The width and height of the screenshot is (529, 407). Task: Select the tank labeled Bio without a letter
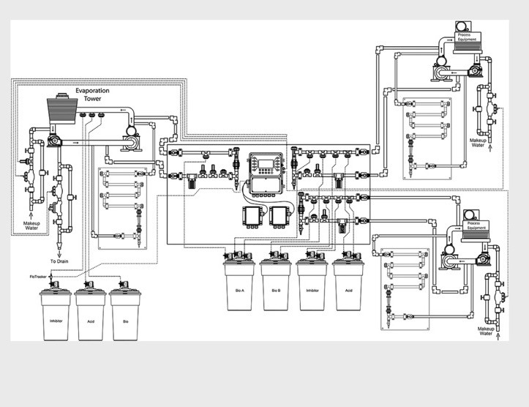[x=125, y=320]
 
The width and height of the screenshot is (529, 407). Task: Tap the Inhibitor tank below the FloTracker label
[x=55, y=320]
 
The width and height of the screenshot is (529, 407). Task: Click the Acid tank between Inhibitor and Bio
[x=90, y=320]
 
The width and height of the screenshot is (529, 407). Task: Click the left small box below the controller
[x=252, y=216]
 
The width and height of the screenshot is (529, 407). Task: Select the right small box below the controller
[x=279, y=216]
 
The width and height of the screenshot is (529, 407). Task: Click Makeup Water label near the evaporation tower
[x=31, y=225]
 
